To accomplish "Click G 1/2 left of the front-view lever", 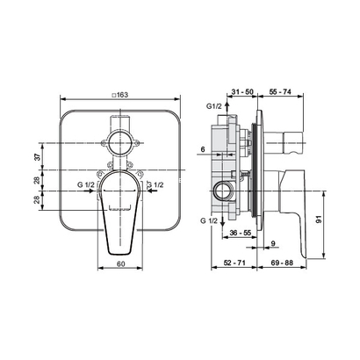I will pyautogui.click(x=86, y=186).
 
